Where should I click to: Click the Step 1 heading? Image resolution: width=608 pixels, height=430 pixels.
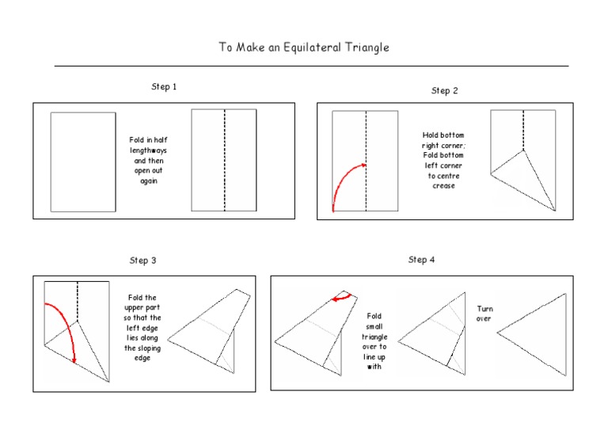click(x=164, y=86)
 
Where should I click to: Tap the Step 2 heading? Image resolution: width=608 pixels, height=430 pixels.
click(x=444, y=90)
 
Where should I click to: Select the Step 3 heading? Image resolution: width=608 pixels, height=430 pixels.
click(x=142, y=260)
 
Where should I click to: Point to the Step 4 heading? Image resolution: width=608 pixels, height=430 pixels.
click(x=421, y=259)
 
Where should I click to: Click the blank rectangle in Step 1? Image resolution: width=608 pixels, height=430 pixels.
click(x=83, y=162)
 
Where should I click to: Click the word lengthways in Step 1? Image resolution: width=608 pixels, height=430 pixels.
click(x=149, y=150)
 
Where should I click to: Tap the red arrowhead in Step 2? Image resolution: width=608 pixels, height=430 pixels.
click(x=363, y=165)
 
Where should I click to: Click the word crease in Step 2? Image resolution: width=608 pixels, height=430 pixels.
click(x=444, y=186)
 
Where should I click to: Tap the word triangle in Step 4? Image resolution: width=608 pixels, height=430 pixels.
click(x=374, y=337)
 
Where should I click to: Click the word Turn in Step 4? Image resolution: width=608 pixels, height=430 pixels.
click(x=484, y=308)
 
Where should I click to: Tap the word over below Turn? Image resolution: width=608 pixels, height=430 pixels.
click(x=484, y=318)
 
